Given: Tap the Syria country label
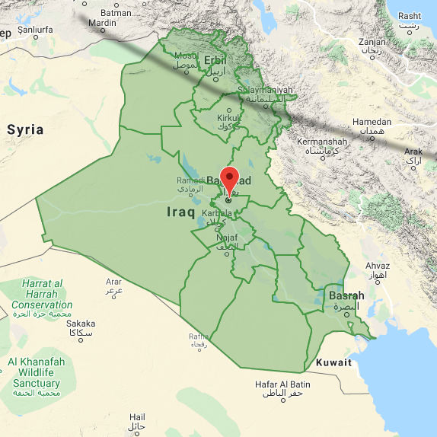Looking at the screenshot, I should [x=25, y=129].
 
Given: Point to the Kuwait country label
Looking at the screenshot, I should [x=334, y=362].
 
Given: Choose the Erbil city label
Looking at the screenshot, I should [x=215, y=60].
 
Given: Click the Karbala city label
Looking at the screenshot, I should [x=219, y=213].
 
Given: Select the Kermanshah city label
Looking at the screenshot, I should [x=322, y=142].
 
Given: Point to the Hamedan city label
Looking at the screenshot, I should [x=372, y=123].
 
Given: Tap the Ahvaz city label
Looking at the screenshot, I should [x=378, y=266].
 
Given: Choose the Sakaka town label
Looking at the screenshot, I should [x=81, y=324].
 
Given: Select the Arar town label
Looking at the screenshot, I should [x=113, y=282].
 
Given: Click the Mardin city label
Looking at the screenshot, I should [x=102, y=23].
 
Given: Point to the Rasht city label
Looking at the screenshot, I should [x=410, y=16].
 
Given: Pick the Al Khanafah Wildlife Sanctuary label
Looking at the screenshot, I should [x=36, y=372].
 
